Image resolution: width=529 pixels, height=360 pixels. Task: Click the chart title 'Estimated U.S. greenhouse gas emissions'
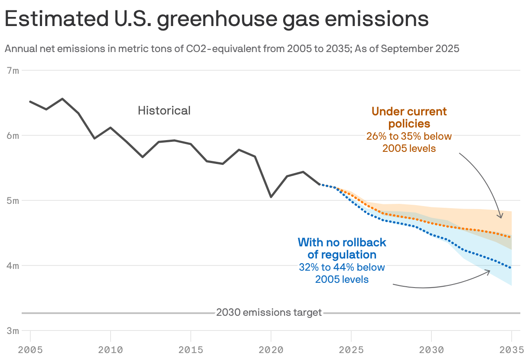point(216,20)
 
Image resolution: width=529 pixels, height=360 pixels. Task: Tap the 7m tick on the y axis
point(13,70)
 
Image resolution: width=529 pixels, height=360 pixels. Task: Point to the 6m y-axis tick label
point(13,135)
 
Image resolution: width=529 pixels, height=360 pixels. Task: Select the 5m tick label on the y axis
point(13,200)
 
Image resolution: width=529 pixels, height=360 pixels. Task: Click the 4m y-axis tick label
point(13,265)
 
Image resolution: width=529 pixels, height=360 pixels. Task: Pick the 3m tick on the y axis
point(13,331)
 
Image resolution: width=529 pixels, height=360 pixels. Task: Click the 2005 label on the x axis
point(30,349)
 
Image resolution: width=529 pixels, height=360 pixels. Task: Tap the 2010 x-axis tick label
point(111,349)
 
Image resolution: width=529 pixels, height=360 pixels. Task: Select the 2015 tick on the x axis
point(191,349)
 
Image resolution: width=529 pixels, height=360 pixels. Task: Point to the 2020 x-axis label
point(271,349)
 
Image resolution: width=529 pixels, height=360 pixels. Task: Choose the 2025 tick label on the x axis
point(351,349)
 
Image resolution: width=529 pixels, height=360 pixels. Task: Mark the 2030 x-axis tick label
point(431,349)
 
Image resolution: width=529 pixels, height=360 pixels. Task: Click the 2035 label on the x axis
point(512,349)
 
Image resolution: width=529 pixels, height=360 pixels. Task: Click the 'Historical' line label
point(164,111)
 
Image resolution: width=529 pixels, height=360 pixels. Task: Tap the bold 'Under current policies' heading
point(409,118)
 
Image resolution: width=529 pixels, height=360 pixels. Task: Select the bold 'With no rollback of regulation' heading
point(342,248)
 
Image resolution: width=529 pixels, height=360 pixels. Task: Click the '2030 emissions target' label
point(269,312)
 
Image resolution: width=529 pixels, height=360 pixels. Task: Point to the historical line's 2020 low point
point(271,197)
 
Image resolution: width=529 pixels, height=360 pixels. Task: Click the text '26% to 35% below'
point(409,136)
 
